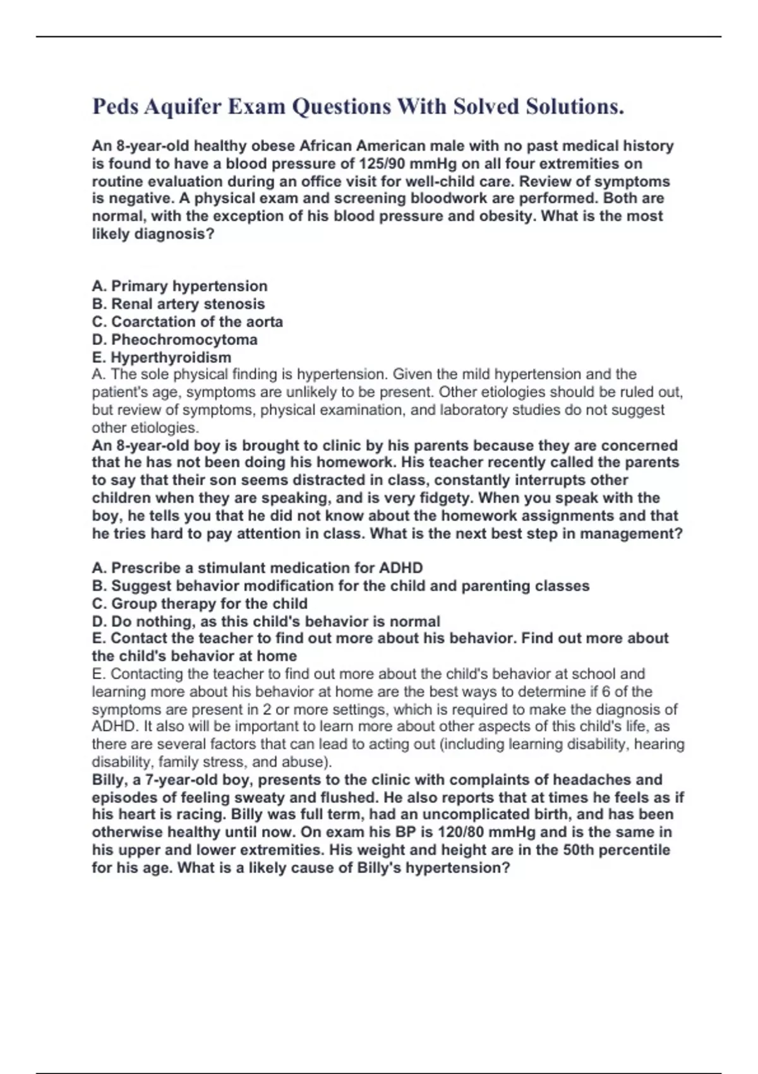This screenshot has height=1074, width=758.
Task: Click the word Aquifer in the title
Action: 183,107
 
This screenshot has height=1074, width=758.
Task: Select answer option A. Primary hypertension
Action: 180,286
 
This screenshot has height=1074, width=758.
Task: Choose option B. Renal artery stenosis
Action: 179,304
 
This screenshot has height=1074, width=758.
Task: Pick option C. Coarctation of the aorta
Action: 188,322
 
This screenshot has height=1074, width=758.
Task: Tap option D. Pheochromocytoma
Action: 175,339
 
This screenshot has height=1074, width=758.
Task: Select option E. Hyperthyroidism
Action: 162,357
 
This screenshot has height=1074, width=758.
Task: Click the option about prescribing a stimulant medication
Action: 258,568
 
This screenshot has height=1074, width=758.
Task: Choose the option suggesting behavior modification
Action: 340,586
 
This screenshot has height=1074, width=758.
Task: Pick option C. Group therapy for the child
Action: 200,603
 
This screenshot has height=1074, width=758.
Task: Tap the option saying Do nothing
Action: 266,621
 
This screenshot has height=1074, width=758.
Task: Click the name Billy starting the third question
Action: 108,780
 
